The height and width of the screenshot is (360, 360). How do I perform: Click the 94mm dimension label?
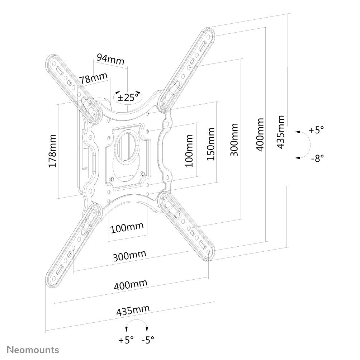coord(110,60)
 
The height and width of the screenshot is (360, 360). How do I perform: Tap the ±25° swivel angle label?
coord(128,97)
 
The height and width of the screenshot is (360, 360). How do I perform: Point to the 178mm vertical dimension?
coord(52,151)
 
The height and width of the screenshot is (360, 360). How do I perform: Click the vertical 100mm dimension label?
coord(189,150)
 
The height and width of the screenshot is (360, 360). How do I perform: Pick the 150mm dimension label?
coord(210,144)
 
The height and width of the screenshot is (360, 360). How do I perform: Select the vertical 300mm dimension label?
coord(233,140)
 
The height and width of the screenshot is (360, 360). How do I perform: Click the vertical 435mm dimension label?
coord(281,132)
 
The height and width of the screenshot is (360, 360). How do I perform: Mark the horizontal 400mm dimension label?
coord(131,285)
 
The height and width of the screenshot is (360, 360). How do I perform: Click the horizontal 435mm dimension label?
coord(133,311)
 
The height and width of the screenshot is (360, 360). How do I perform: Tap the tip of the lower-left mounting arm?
coord(52,281)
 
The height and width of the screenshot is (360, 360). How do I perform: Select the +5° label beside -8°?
coord(317,130)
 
